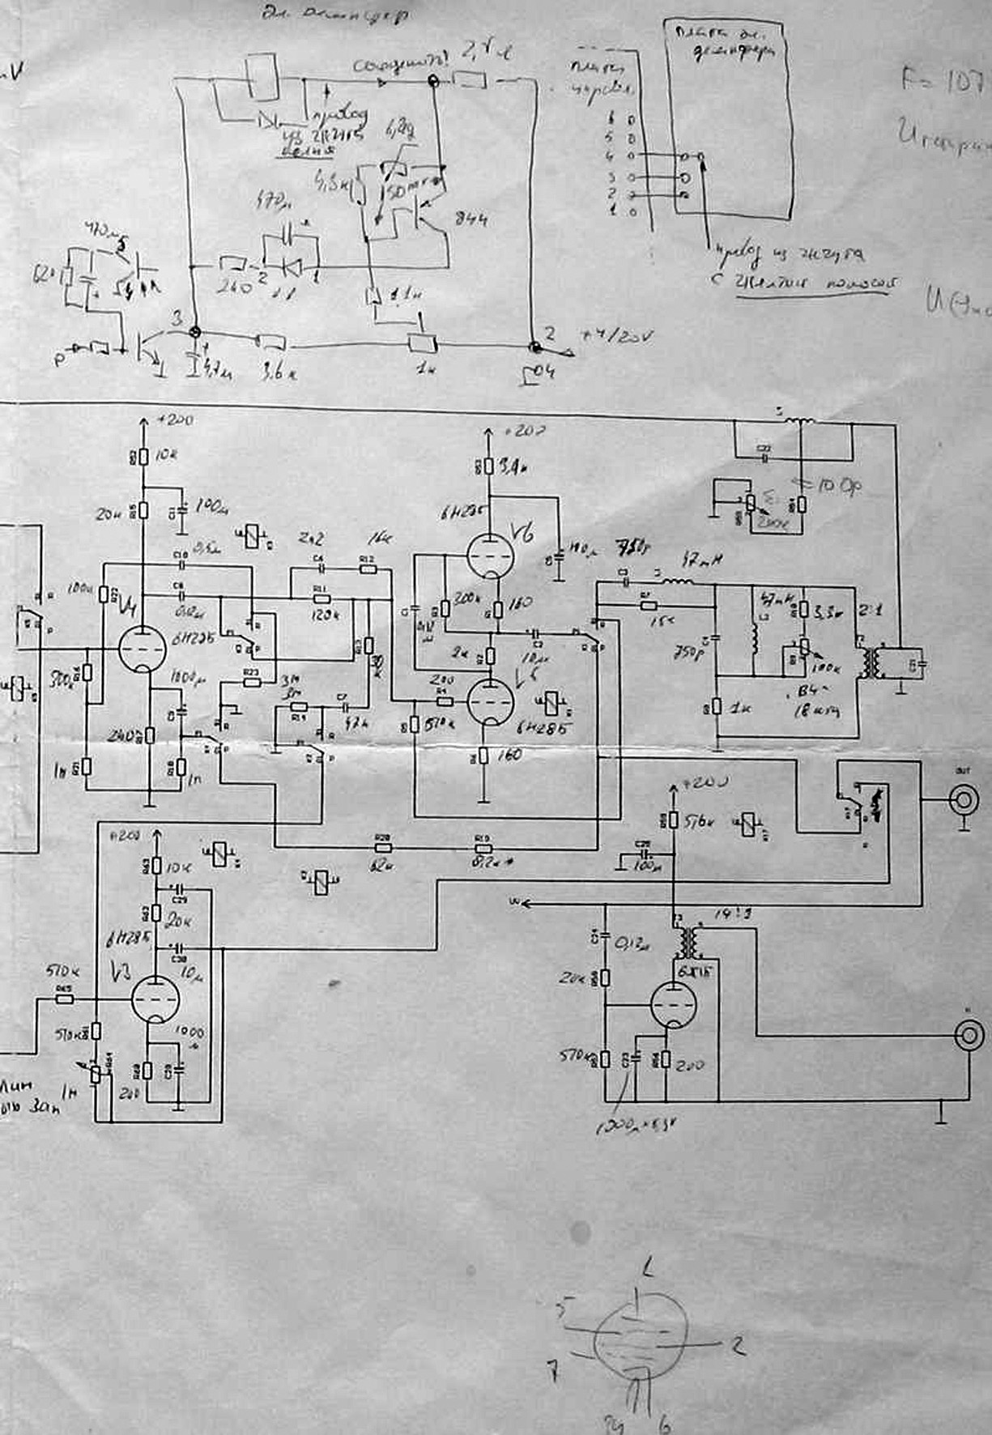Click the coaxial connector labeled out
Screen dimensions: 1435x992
965,801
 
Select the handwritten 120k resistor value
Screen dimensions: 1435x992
323,614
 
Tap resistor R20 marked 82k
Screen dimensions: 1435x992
382,848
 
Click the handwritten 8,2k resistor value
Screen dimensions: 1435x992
487,863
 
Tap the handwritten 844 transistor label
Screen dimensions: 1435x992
471,219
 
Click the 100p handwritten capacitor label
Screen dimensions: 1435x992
841,486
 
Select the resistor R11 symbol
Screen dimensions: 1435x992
321,598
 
